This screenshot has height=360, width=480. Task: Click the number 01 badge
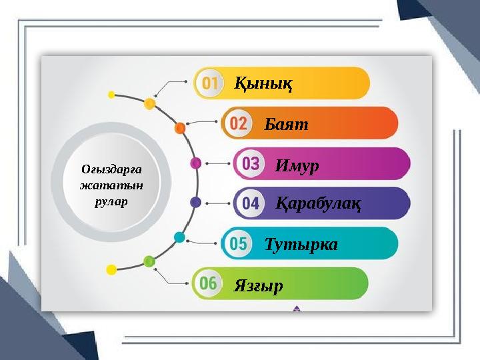tap(210, 83)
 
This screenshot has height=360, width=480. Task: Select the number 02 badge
tap(238, 124)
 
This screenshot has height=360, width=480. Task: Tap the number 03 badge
tap(251, 164)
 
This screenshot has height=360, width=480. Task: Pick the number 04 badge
tap(250, 204)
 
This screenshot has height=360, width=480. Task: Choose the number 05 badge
tap(238, 244)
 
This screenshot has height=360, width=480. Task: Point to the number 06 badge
tap(208, 284)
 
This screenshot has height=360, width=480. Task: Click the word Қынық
tap(263, 85)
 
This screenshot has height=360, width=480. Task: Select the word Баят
tap(286, 125)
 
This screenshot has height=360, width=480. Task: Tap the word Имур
tap(297, 165)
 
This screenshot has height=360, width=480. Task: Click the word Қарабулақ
tap(318, 205)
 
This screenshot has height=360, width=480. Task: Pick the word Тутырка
tap(301, 245)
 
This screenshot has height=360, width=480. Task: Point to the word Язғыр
tap(258, 286)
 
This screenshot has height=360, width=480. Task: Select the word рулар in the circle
tap(111, 200)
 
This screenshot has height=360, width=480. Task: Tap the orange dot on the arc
tap(179, 127)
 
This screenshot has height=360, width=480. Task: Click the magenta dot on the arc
tap(196, 163)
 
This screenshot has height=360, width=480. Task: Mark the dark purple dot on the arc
tap(196, 201)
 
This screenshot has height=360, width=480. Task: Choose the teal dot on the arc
tap(179, 237)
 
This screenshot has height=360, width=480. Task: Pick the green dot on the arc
tap(149, 261)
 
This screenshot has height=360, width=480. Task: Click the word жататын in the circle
tap(111, 185)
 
